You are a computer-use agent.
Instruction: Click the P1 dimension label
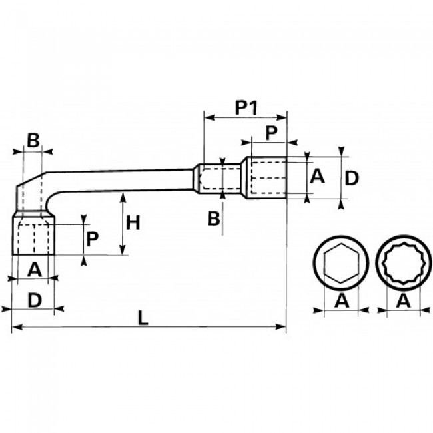pyautogui.click(x=246, y=108)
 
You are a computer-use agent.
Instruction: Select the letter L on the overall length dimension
pyautogui.click(x=143, y=318)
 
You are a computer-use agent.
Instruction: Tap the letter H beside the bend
pyautogui.click(x=133, y=223)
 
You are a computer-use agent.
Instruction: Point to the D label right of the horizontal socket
pyautogui.click(x=352, y=178)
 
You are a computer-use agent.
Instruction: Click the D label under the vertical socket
pyautogui.click(x=35, y=300)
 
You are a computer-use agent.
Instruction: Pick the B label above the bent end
pyautogui.click(x=33, y=140)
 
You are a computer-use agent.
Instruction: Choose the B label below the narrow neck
pyautogui.click(x=214, y=218)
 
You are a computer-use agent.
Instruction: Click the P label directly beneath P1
pyautogui.click(x=271, y=133)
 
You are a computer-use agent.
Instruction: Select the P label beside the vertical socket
pyautogui.click(x=92, y=239)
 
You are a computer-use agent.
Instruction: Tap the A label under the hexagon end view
pyautogui.click(x=342, y=300)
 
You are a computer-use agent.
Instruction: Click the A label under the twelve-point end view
pyautogui.click(x=404, y=300)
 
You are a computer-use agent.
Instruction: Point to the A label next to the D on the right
pyautogui.click(x=317, y=176)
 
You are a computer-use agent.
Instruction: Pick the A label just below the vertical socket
pyautogui.click(x=35, y=270)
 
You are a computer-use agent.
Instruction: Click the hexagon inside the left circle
pyautogui.click(x=341, y=263)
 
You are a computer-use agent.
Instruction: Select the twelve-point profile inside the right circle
pyautogui.click(x=404, y=263)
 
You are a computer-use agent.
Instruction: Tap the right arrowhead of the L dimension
pyautogui.click(x=281, y=327)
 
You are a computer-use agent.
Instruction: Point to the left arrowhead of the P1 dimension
pyautogui.click(x=210, y=118)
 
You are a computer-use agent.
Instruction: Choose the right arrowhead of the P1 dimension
pyautogui.click(x=281, y=117)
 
